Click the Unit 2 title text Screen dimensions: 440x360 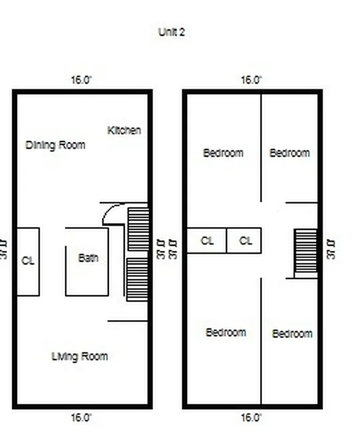point(171,32)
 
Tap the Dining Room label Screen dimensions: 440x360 point(56,145)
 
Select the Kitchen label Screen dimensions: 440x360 point(124,130)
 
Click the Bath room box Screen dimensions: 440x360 point(87,262)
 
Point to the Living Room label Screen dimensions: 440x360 point(80,356)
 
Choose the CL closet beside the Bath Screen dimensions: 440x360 point(27,261)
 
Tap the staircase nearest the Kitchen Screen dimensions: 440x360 point(138,228)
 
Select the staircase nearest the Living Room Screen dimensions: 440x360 point(138,279)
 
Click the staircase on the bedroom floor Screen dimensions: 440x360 point(306,252)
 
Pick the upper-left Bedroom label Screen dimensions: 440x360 point(223,153)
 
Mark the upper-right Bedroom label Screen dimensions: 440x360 point(290,153)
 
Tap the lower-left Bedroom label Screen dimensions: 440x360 point(226,332)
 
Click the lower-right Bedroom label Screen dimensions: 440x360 point(292,334)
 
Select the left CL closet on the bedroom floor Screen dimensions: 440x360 point(207,241)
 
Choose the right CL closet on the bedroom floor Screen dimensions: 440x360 point(246,241)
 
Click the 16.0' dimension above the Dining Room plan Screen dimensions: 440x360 point(81,80)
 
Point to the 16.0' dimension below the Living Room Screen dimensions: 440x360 point(81,417)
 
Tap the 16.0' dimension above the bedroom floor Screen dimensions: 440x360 point(251,80)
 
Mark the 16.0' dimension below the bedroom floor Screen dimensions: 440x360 point(251,417)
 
